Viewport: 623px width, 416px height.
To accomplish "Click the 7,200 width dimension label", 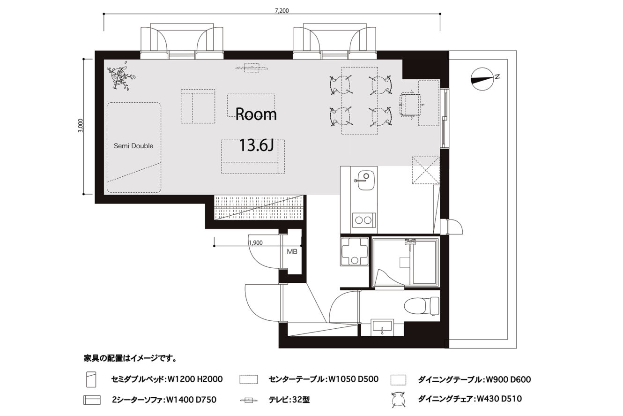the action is (282, 11).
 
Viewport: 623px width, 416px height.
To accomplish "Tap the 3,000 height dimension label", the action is (81, 126).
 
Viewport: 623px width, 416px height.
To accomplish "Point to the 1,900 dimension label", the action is (256, 242).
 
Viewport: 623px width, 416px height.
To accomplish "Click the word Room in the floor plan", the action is (256, 114).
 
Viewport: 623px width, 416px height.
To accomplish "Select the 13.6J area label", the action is (256, 145).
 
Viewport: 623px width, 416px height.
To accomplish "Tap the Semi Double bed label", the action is (133, 146).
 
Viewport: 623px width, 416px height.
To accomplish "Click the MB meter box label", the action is (292, 252).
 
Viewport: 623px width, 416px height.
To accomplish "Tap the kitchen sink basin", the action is (365, 180).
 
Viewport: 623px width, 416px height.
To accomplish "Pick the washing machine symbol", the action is (354, 252).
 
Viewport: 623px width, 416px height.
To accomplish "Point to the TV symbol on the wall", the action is (252, 68).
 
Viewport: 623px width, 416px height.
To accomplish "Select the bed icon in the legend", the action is (91, 379).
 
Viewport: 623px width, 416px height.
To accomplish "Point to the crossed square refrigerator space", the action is (426, 170).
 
